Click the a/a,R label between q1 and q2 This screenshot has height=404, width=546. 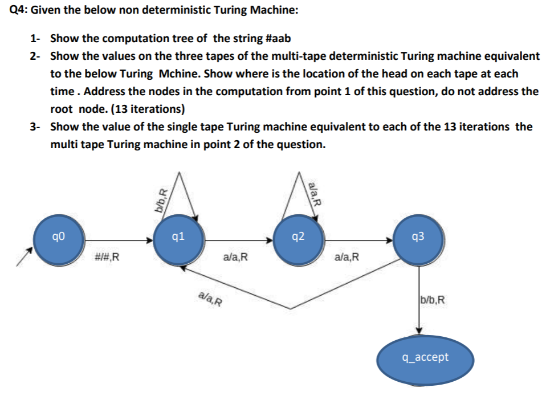tap(237, 258)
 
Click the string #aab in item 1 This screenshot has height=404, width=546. tap(278, 39)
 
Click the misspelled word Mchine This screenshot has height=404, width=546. tap(178, 74)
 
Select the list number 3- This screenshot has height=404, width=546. tap(36, 126)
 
